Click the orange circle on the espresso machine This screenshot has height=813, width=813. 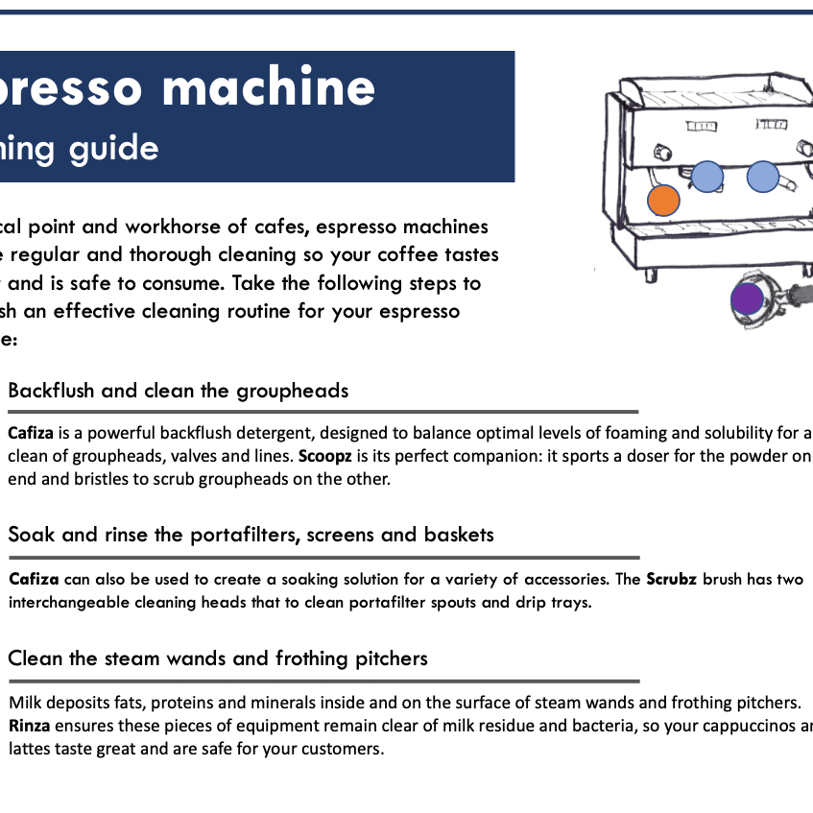point(663,201)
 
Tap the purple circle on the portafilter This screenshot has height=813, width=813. point(747,299)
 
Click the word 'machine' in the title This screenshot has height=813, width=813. point(269,88)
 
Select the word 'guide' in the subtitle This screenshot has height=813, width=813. point(119,149)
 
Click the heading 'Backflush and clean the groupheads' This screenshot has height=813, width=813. point(178,391)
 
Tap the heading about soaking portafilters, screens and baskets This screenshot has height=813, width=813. point(251,535)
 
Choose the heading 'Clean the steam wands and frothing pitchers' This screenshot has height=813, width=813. point(218,658)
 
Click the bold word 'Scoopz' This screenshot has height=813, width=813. point(325,457)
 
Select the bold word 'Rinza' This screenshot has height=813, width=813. point(30,726)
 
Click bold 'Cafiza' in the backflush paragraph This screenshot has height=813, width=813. point(30,433)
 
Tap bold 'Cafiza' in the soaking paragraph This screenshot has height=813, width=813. point(34,580)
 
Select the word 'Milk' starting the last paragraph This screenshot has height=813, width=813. point(25,702)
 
